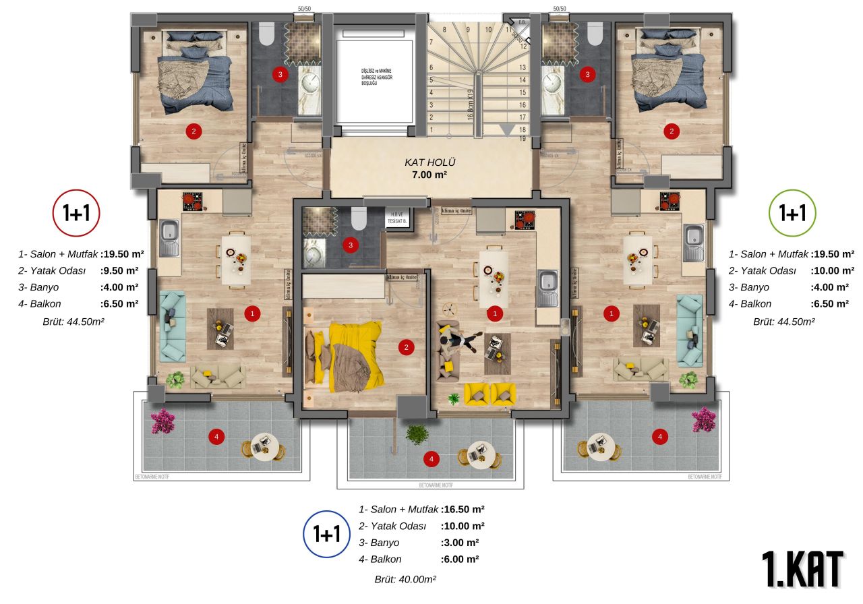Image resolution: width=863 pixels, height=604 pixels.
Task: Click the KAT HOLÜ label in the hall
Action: (430, 162)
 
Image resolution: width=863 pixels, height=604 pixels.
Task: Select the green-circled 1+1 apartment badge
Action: (792, 214)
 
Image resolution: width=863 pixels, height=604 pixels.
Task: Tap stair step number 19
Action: (523, 138)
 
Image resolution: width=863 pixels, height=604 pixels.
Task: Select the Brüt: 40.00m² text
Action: (405, 579)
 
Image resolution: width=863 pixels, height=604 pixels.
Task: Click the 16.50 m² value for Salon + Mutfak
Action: (463, 510)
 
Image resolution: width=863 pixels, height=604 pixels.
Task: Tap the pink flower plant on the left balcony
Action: (162, 421)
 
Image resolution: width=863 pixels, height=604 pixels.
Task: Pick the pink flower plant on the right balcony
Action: (703, 419)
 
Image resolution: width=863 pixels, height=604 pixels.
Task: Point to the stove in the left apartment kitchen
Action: (194, 201)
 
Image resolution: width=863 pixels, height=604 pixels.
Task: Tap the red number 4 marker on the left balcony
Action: (216, 437)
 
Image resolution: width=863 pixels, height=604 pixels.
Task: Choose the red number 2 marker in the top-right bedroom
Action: (671, 131)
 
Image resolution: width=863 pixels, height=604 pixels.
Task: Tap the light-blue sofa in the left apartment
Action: (173, 326)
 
